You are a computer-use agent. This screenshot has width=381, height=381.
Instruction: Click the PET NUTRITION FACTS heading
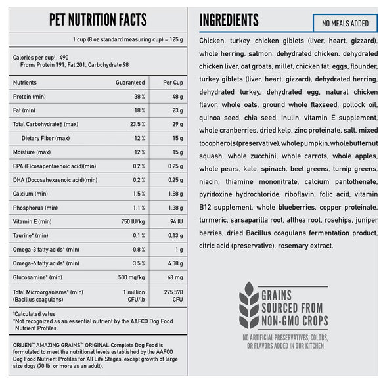98,19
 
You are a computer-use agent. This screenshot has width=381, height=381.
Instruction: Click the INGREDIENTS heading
229,20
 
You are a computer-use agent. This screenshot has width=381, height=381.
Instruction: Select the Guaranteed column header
130,83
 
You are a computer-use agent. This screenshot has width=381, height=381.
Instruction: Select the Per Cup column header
172,83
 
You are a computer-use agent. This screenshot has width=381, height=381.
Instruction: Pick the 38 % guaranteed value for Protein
139,97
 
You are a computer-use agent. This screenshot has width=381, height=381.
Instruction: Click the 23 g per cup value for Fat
177,110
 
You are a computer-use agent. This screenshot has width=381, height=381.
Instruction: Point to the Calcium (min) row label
30,194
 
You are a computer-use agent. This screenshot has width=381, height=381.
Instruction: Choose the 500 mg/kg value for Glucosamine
131,277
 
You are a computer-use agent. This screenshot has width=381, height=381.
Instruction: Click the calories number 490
64,58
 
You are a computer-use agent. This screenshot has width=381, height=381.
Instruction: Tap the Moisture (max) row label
32,152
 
